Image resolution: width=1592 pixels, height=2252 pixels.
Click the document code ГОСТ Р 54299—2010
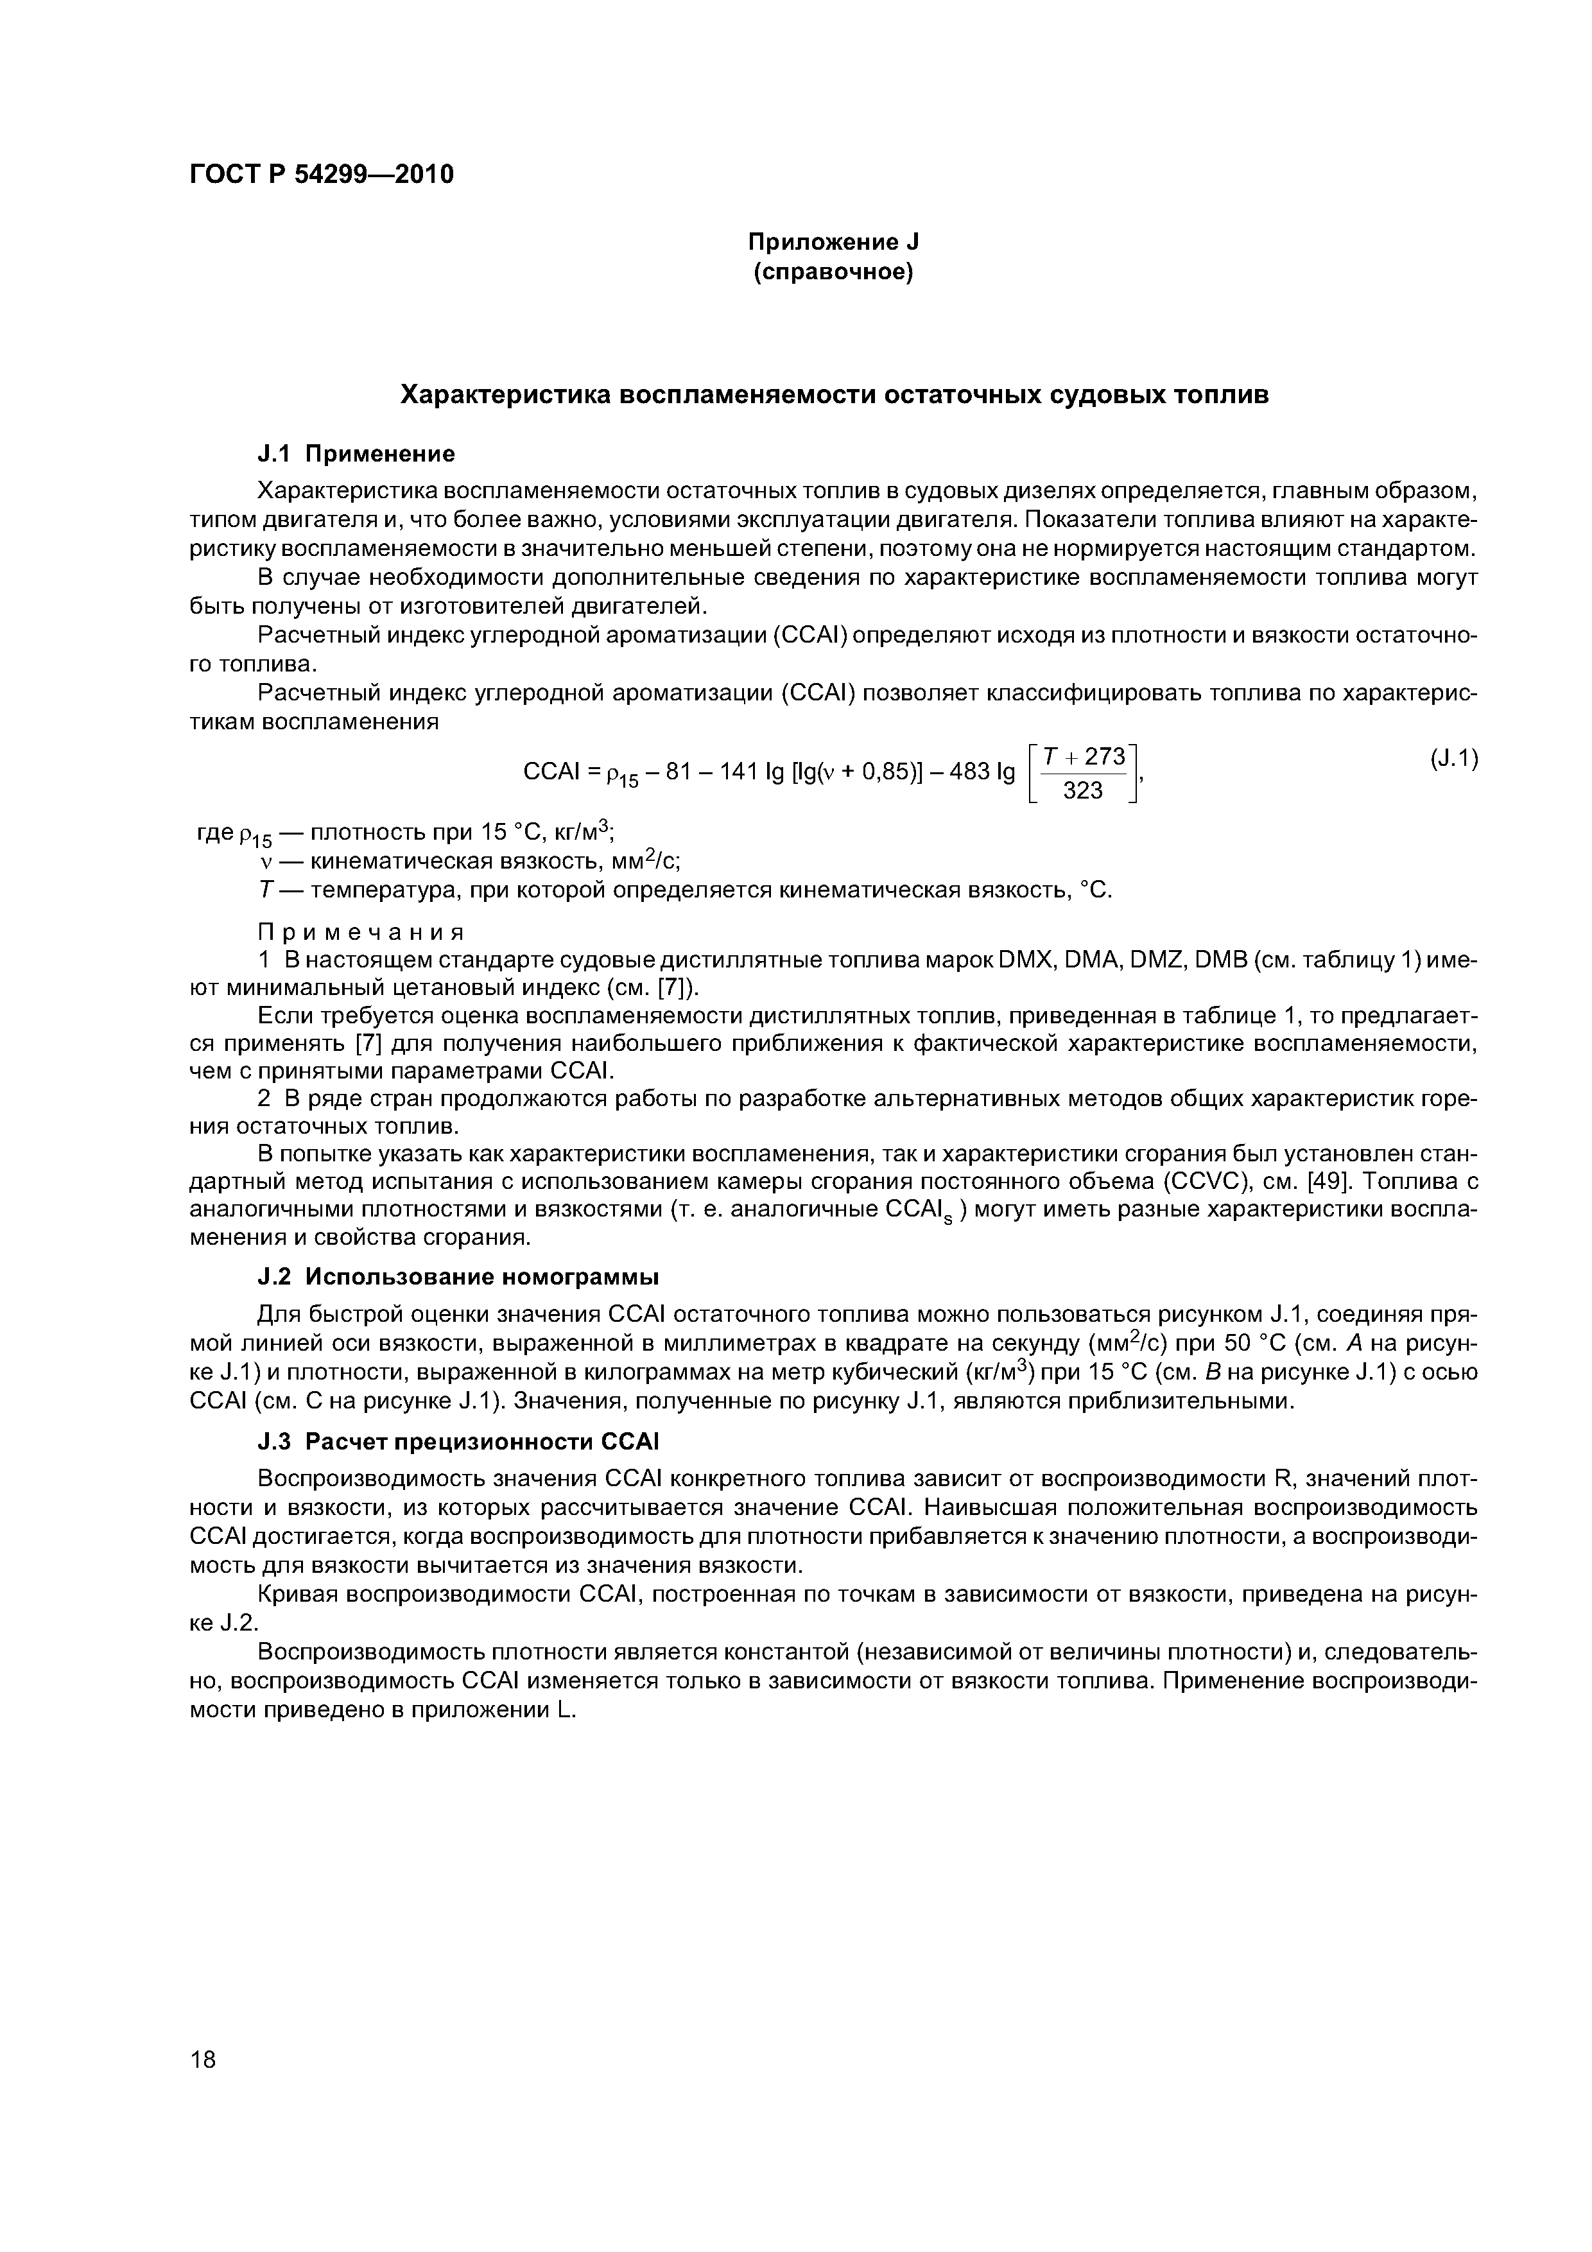pyautogui.click(x=322, y=175)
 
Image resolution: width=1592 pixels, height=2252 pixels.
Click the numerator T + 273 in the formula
pyautogui.click(x=1083, y=758)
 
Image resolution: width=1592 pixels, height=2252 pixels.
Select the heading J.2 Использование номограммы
pyautogui.click(x=457, y=1277)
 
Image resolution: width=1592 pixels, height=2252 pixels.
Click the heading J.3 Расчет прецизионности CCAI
pyautogui.click(x=457, y=1442)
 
